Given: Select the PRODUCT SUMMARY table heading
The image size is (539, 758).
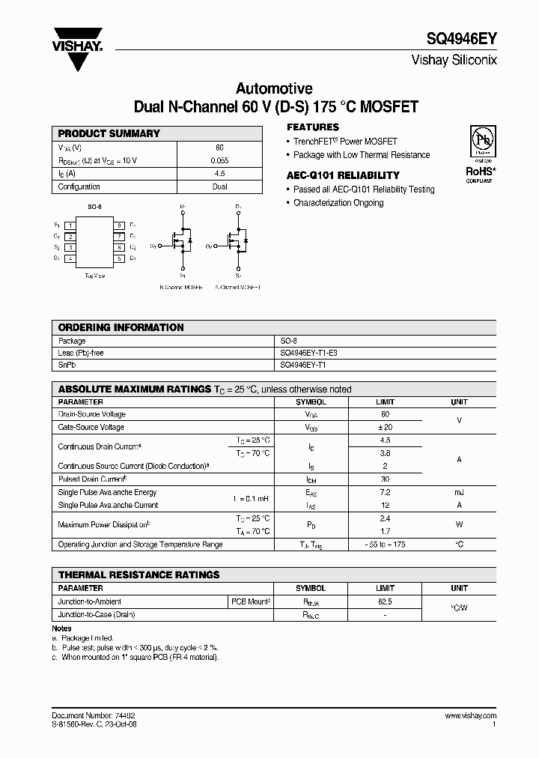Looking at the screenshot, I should click(109, 133).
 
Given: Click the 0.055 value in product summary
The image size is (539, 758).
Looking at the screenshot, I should click(219, 160).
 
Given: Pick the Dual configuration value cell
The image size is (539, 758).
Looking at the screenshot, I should click(219, 187).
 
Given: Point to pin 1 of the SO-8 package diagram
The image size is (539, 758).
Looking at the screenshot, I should click(70, 225).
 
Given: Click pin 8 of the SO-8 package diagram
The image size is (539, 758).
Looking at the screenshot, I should click(118, 225).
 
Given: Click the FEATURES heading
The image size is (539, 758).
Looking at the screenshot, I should click(313, 127).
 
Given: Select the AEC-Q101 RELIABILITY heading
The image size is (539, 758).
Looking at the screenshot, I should click(343, 175).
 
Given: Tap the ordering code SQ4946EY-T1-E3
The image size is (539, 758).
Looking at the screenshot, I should click(313, 353).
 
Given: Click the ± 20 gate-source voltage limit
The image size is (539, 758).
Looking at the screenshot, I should click(385, 427).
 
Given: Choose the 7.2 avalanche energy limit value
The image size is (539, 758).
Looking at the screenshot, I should click(385, 492).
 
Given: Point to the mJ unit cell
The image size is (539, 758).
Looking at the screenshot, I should click(459, 492).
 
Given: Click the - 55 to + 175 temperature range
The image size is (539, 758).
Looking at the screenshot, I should click(385, 545).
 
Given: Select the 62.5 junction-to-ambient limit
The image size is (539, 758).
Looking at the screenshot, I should click(385, 601).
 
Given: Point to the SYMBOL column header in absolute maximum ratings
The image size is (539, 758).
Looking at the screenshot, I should click(311, 401).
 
